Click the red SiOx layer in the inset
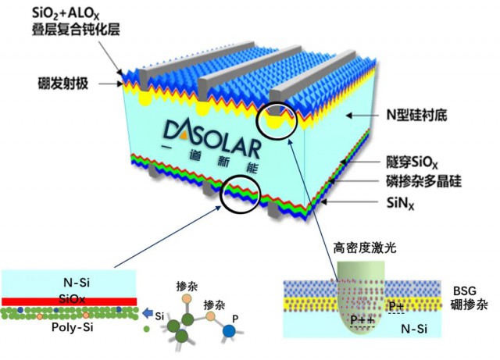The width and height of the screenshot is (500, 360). pyautogui.click(x=70, y=301)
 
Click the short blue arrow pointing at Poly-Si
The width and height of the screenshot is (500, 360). pyautogui.click(x=148, y=314)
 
